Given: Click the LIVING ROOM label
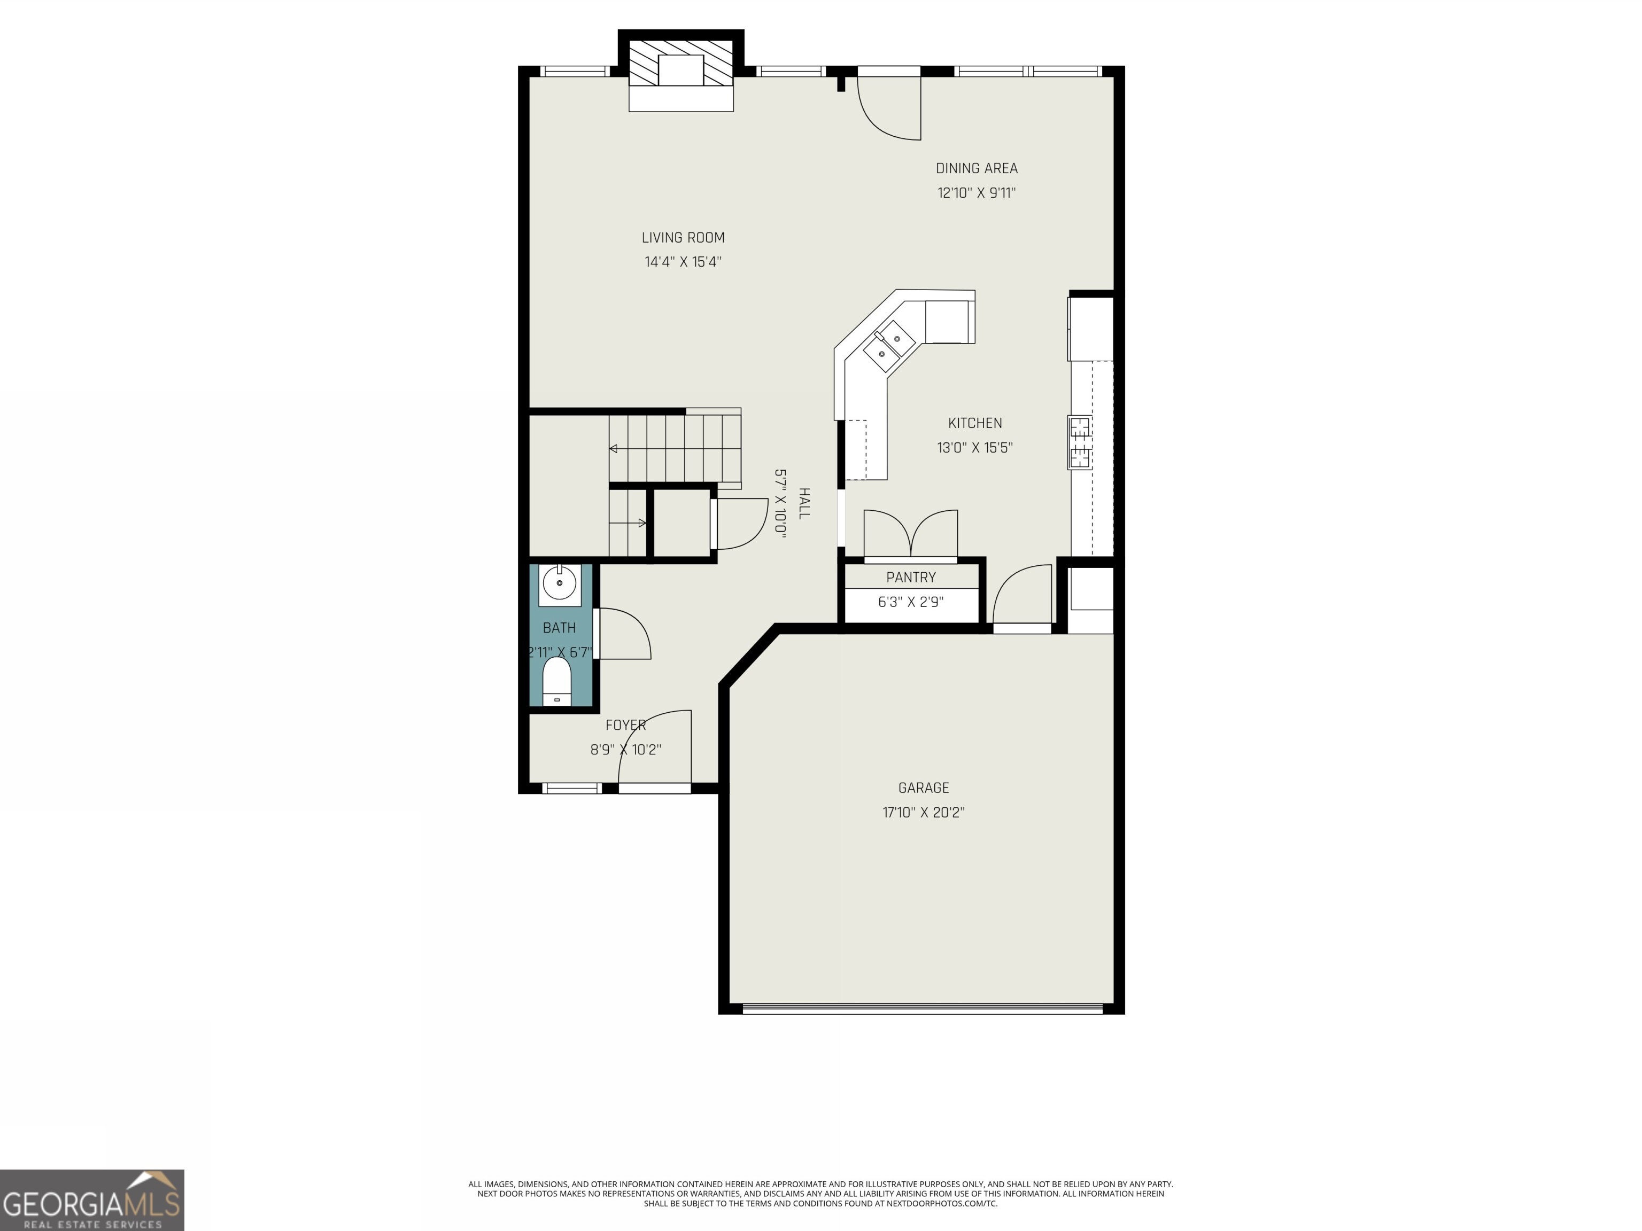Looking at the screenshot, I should (x=683, y=237).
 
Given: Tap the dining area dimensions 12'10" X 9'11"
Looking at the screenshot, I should (x=976, y=193).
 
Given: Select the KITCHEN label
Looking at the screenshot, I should (x=974, y=423).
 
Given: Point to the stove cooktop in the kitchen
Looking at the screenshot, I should (x=1080, y=443).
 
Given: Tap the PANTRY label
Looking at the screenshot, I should (x=911, y=577).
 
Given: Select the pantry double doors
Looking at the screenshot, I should (x=911, y=534).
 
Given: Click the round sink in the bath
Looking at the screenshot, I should (x=560, y=584).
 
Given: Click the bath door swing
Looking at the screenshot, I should (x=622, y=634).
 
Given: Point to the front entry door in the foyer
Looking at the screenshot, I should (x=655, y=750).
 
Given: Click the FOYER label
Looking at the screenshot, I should (x=626, y=725).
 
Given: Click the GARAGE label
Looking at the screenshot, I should (x=924, y=788).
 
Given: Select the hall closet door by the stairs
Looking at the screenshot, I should (x=740, y=524).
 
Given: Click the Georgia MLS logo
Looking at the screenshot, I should (x=91, y=1200).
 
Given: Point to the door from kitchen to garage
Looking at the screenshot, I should (x=1023, y=597).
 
